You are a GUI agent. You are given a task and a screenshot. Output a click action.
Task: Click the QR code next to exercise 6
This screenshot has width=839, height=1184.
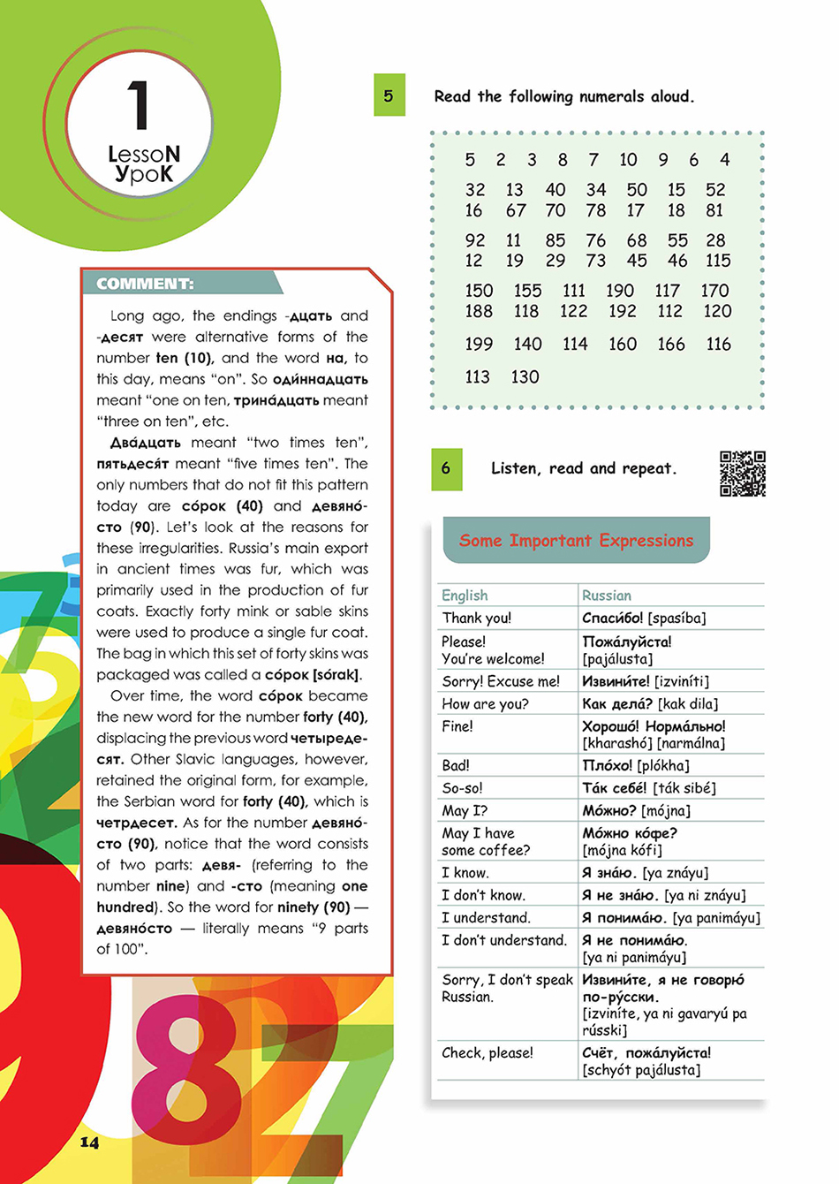pos(742,474)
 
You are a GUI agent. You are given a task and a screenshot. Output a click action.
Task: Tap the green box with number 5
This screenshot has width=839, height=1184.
pos(389,95)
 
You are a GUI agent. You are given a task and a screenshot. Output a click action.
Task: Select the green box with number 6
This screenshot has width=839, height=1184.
pos(446,468)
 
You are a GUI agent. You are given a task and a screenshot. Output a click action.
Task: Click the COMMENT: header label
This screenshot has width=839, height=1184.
pos(145,284)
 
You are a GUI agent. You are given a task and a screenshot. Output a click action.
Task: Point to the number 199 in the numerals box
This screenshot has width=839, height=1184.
pos(479,345)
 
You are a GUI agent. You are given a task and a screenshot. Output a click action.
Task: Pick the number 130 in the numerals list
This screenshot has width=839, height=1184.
pos(525,377)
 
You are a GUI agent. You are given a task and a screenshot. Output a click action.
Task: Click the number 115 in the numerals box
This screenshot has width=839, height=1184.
pos(718,261)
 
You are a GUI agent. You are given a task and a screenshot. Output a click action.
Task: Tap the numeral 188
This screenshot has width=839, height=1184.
pos(479,311)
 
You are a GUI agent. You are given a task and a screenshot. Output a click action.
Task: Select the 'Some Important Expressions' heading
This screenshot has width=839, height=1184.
pos(576,540)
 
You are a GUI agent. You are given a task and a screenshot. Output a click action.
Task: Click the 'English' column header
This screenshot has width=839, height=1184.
pos(465,596)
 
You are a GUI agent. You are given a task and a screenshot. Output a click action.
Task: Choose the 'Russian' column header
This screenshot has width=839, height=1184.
pos(607,596)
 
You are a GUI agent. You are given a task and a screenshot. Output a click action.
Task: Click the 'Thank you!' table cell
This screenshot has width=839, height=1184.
pos(477,619)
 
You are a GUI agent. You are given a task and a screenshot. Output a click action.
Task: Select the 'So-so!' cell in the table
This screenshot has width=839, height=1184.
pos(462,788)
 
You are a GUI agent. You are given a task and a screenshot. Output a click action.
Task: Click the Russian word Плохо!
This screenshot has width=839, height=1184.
pos(608,765)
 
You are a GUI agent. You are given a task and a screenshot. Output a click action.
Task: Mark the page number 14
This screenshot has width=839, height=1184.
pos(89,1142)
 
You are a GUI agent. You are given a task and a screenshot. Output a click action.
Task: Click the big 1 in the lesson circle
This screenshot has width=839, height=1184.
pos(138,106)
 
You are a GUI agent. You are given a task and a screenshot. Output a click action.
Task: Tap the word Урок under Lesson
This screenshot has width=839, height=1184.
pos(143,174)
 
